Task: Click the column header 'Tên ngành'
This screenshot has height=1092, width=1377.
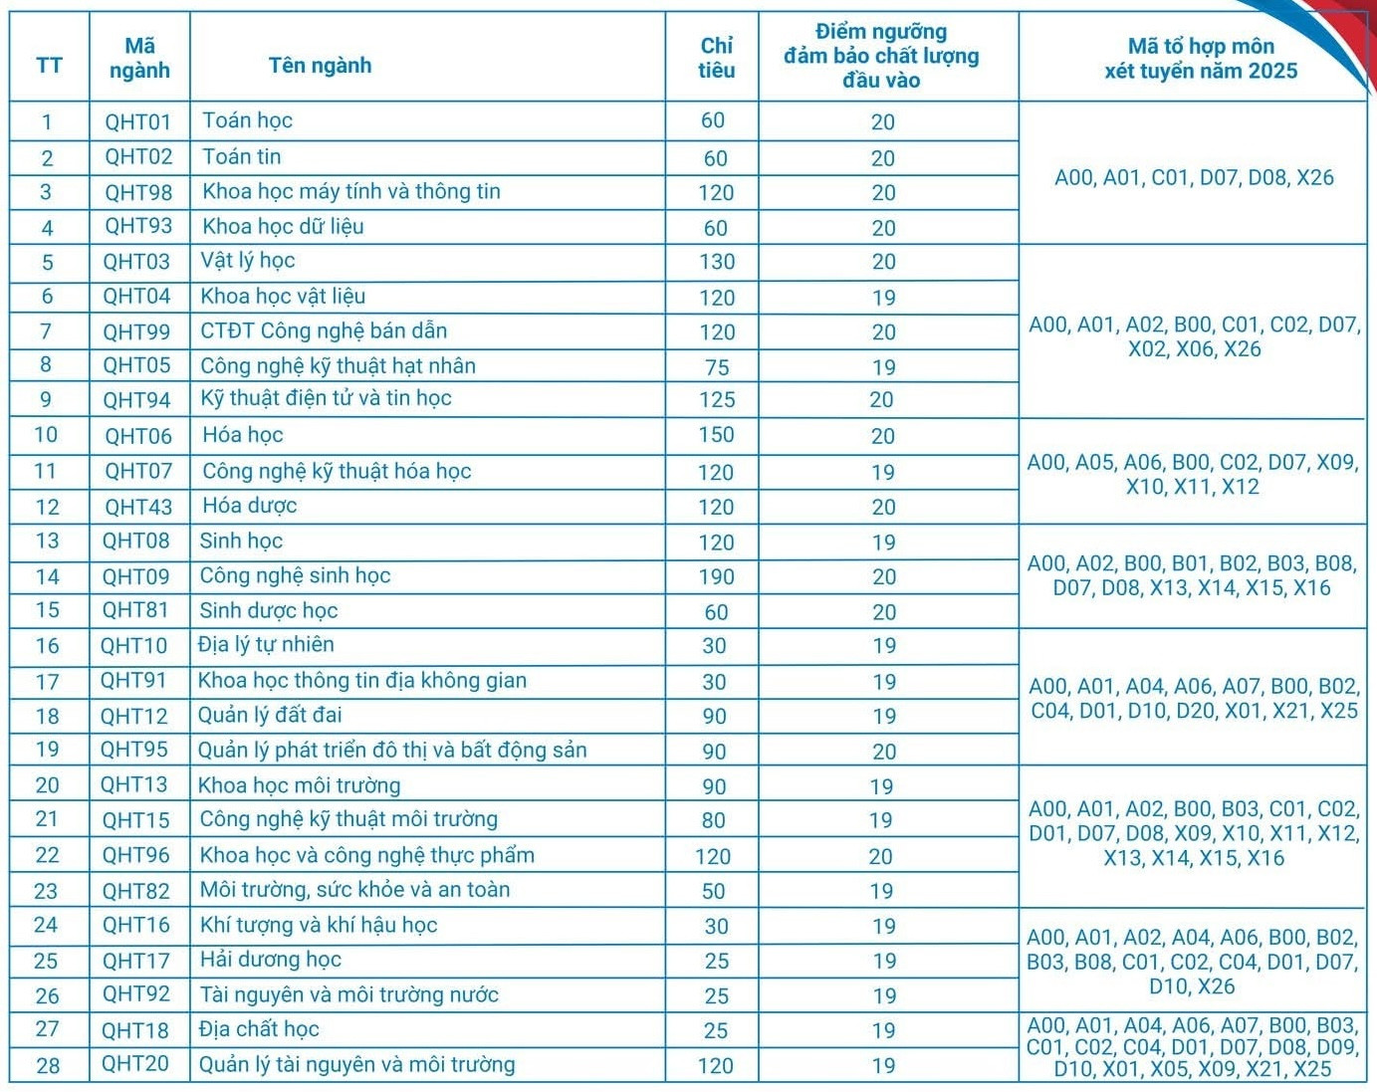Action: click(x=320, y=66)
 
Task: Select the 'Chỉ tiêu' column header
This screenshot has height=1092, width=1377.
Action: click(x=716, y=58)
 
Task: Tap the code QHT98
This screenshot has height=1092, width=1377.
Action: click(x=138, y=192)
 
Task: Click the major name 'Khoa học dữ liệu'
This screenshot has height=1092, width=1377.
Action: click(x=283, y=227)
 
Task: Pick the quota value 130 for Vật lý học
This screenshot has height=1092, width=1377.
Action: click(x=716, y=262)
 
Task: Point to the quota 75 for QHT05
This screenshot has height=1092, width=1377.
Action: click(x=716, y=367)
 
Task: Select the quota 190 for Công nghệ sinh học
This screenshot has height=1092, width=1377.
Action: click(x=716, y=577)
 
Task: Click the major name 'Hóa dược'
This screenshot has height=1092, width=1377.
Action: click(x=249, y=506)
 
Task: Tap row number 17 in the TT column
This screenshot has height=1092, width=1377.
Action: click(x=47, y=682)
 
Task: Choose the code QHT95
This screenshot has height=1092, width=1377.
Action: click(x=134, y=750)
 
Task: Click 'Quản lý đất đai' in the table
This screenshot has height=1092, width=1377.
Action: click(x=270, y=715)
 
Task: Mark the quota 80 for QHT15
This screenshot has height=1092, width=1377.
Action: click(x=714, y=820)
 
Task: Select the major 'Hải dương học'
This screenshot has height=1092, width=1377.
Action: click(x=270, y=960)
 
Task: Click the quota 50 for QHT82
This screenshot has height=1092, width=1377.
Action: click(x=714, y=891)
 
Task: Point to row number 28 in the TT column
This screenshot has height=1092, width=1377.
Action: click(x=47, y=1065)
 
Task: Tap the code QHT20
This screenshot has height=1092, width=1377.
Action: click(x=135, y=1064)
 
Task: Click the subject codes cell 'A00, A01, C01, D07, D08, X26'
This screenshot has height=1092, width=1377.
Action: click(x=1193, y=177)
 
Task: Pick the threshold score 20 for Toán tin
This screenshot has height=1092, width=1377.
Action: click(x=883, y=158)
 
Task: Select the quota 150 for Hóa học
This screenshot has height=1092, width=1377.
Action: click(x=716, y=435)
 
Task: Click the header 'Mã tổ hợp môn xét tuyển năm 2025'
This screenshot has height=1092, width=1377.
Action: click(x=1200, y=58)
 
